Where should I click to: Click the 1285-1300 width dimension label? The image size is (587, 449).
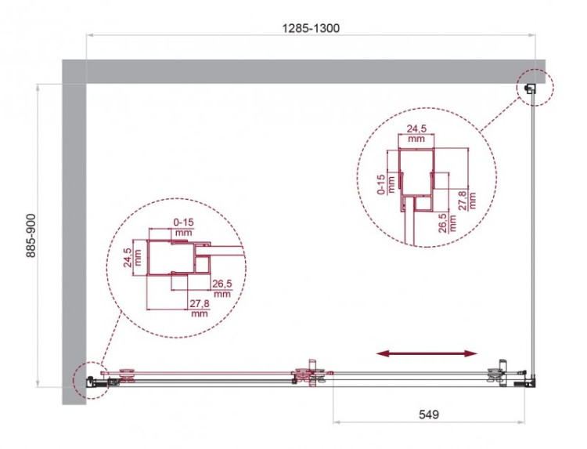tap(311, 27)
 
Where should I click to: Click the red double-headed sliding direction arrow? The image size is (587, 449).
tap(427, 354)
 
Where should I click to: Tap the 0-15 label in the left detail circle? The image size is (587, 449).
tap(184, 227)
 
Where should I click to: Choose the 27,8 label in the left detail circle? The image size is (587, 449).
tap(199, 307)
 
